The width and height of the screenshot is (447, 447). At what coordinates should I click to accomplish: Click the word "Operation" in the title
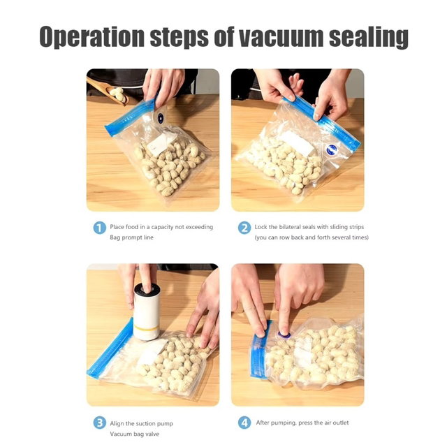click(x=91, y=37)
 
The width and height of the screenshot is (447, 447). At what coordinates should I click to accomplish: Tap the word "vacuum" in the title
click(x=281, y=37)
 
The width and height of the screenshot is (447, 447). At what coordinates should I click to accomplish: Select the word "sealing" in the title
click(x=369, y=38)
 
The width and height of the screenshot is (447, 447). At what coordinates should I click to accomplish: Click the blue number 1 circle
click(x=99, y=228)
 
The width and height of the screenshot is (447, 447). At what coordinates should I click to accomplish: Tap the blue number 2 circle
click(x=244, y=228)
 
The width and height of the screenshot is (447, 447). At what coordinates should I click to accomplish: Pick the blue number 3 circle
click(x=99, y=423)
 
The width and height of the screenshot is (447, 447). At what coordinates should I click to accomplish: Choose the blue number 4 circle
click(x=244, y=423)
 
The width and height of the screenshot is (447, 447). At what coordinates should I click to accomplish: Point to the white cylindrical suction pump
click(x=147, y=312)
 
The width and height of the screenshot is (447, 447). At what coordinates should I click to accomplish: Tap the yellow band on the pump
click(x=147, y=328)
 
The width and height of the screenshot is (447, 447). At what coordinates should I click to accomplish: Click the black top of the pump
click(x=147, y=288)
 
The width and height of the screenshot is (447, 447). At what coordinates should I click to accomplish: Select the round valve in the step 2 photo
click(x=332, y=149)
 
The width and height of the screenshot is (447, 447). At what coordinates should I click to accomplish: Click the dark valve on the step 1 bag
click(x=161, y=118)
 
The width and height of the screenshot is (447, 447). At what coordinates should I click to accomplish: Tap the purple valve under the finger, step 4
click(x=284, y=335)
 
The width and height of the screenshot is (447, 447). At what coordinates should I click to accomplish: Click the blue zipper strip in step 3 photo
click(x=110, y=349)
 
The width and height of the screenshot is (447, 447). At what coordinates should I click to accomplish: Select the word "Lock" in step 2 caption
click(x=261, y=227)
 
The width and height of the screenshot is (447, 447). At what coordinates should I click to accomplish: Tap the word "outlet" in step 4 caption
click(x=340, y=423)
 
